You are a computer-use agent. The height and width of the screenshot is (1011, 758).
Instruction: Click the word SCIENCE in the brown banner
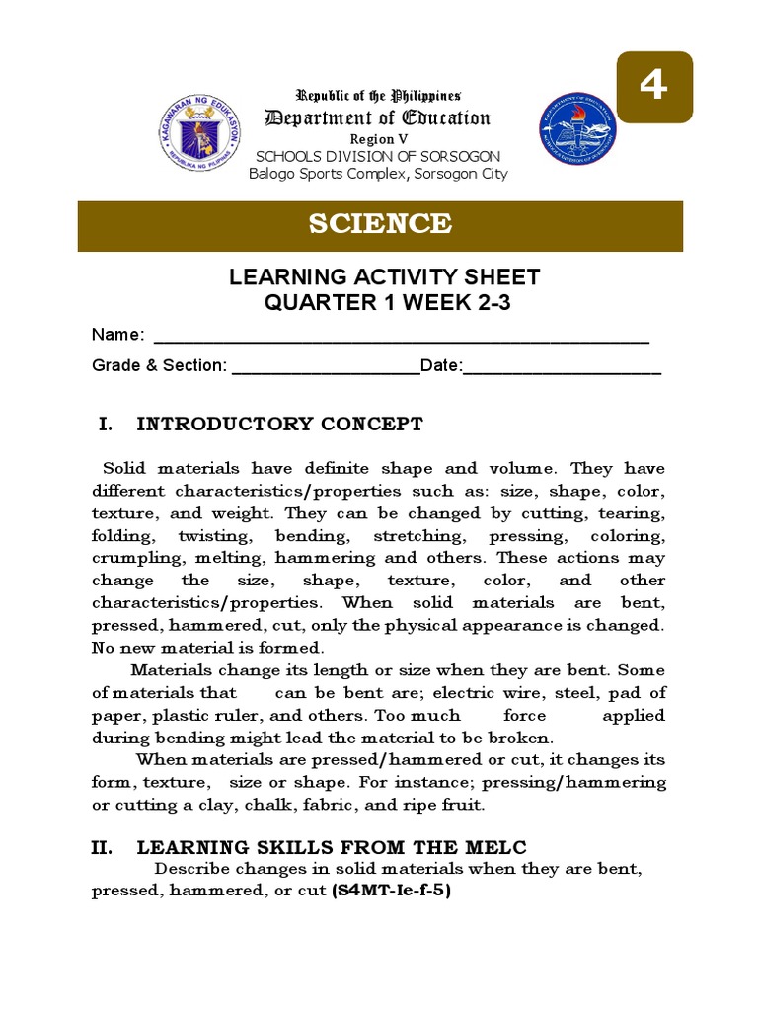(x=380, y=224)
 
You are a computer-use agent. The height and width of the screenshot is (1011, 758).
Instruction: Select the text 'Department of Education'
(x=376, y=118)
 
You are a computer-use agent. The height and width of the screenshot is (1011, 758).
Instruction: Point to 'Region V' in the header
(x=373, y=139)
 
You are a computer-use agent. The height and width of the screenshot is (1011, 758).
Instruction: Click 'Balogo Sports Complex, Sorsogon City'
(x=378, y=174)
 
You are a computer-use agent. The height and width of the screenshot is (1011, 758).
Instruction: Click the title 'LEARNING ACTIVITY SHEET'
(x=384, y=277)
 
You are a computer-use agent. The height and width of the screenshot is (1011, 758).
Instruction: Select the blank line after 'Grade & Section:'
(x=325, y=367)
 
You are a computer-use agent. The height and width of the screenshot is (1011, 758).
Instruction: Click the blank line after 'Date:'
(x=562, y=367)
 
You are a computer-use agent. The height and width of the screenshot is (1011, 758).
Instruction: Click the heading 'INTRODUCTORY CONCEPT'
(x=279, y=425)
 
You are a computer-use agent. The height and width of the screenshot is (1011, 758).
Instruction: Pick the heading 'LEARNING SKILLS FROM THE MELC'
(x=332, y=847)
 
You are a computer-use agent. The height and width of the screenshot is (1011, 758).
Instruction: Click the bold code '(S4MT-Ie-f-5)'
(x=391, y=890)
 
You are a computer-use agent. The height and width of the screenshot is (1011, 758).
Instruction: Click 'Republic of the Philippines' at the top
(x=380, y=96)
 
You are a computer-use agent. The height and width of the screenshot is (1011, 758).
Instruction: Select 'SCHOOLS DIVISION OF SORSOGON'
(x=378, y=157)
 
